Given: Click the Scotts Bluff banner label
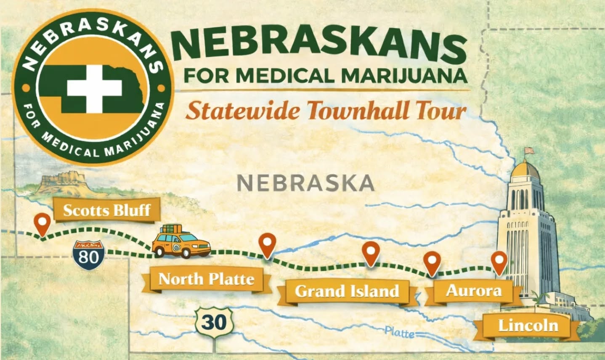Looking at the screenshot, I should (106, 209).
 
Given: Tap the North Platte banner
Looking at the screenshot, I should (206, 279).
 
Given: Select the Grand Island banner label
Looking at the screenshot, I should (347, 291).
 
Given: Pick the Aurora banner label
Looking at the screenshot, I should (474, 291).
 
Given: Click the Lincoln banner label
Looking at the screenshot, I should (528, 326).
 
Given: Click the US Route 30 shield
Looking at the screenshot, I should (214, 323).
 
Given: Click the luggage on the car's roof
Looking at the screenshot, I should (172, 229).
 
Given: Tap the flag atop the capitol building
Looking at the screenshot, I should (528, 150).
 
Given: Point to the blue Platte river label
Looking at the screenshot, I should (399, 333).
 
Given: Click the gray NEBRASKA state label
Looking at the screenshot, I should (306, 183).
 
